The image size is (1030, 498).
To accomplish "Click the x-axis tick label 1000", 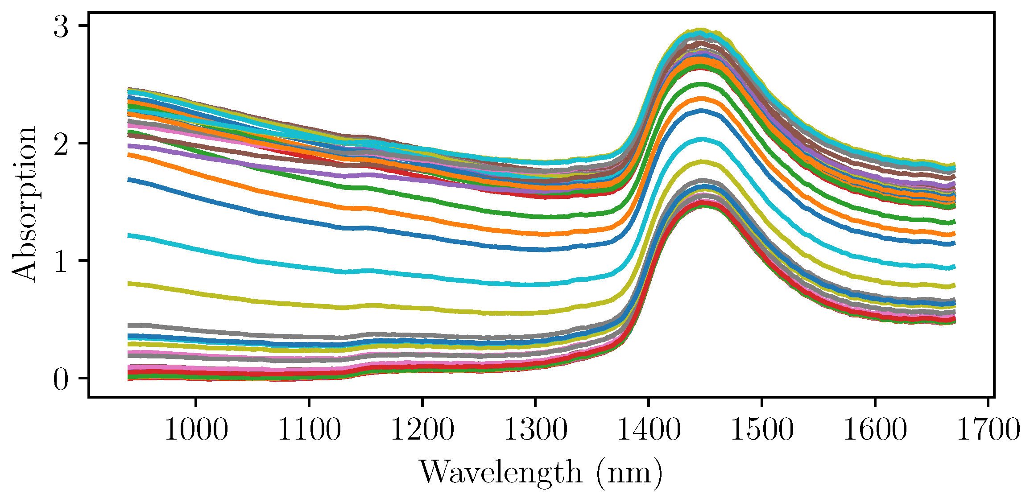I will click(x=196, y=430).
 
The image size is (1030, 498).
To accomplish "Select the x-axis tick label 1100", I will click(x=309, y=430).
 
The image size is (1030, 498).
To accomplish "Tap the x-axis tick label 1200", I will click(x=422, y=430).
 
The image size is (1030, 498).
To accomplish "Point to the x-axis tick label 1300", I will click(x=535, y=430).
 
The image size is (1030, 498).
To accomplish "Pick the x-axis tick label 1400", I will click(x=649, y=430).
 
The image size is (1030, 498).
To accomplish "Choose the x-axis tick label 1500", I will click(x=761, y=430).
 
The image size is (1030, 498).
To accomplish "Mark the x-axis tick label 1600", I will click(x=875, y=430).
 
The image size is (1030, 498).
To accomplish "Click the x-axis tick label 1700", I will click(x=988, y=430).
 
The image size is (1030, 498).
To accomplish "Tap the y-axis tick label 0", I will click(x=61, y=379).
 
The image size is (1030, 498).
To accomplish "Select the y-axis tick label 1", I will click(x=61, y=261).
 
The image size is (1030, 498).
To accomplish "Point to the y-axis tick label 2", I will click(x=61, y=144).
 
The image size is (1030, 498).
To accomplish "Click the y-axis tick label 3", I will click(x=61, y=26).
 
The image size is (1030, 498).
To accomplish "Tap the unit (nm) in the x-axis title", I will click(x=629, y=473).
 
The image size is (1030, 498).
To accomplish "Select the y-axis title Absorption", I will click(x=25, y=204).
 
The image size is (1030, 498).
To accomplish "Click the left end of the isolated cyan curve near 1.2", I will click(x=129, y=235).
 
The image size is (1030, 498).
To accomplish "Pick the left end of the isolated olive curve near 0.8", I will click(x=129, y=284).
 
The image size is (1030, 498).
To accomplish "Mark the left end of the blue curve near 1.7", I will click(x=129, y=180).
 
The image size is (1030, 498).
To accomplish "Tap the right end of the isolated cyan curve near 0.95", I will click(x=954, y=267).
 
